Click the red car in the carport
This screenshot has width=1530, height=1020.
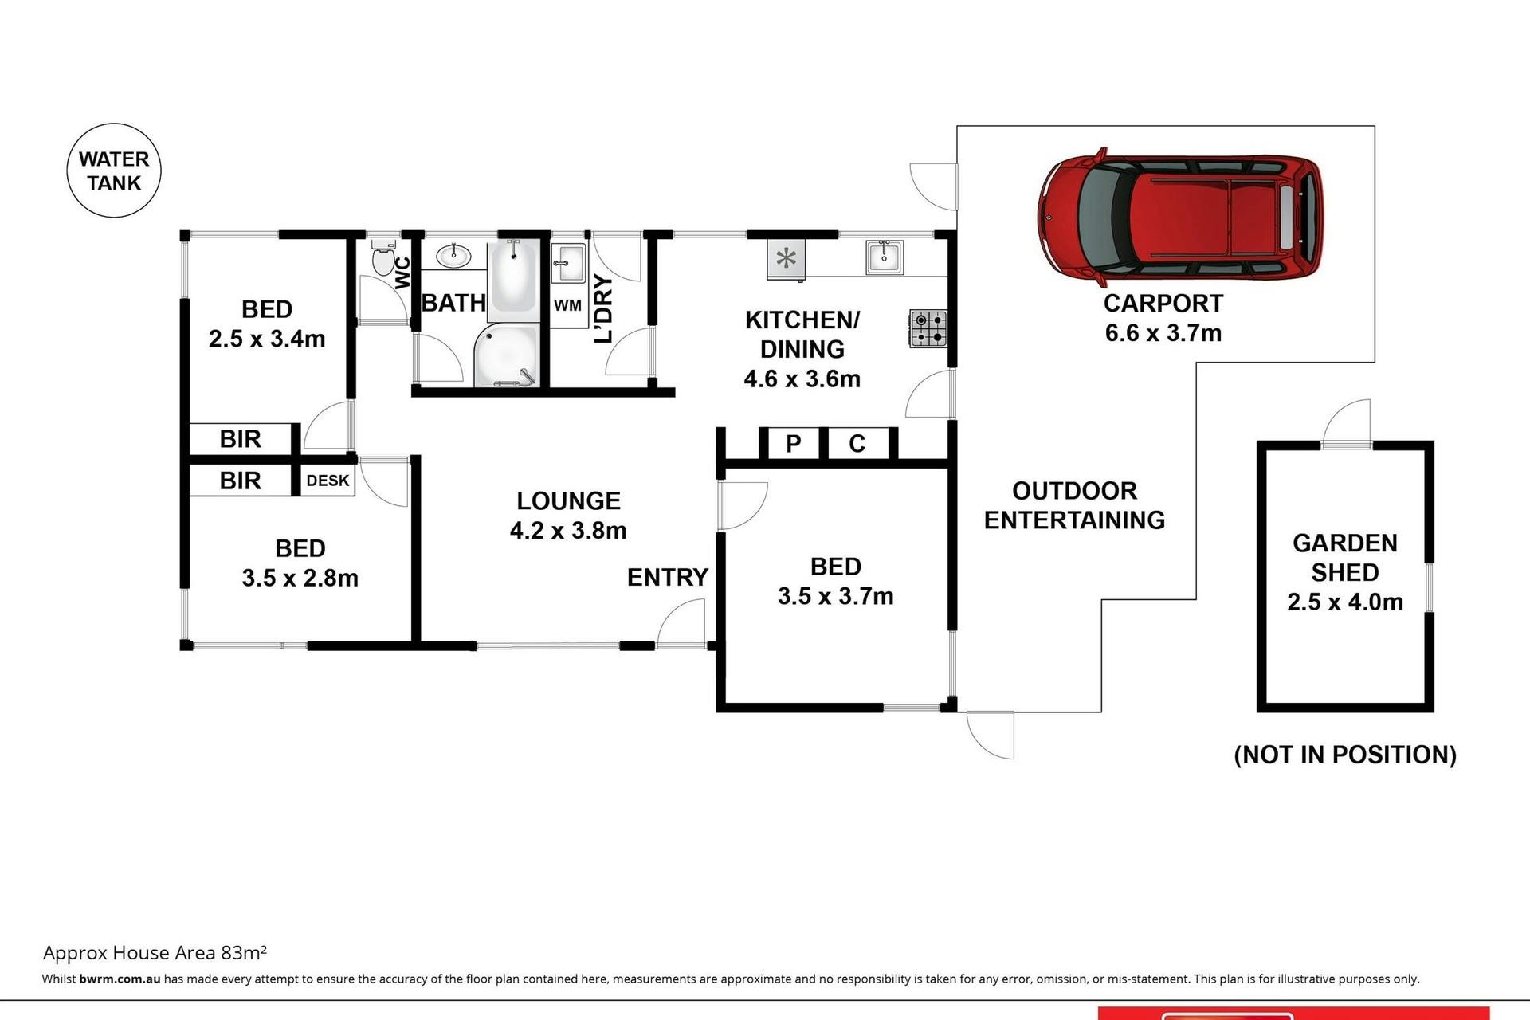(x=1180, y=216)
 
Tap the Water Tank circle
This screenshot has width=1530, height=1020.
(x=114, y=171)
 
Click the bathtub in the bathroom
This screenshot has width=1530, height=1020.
(x=513, y=275)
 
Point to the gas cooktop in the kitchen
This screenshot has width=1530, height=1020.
(x=928, y=328)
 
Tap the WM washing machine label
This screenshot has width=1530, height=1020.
(x=567, y=305)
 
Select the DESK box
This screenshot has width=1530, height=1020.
(x=328, y=481)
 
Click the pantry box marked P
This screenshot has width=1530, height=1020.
(x=793, y=443)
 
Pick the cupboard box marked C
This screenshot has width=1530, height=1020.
(x=857, y=443)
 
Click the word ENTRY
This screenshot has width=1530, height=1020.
(x=668, y=577)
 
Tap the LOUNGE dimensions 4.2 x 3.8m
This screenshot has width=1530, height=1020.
(x=568, y=530)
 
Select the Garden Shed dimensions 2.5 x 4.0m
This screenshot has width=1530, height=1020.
(x=1345, y=602)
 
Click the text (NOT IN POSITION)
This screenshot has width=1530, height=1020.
(x=1345, y=755)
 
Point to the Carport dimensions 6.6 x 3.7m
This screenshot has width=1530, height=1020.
(x=1163, y=332)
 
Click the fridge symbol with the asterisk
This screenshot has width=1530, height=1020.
(x=787, y=258)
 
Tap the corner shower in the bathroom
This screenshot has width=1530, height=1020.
(x=507, y=355)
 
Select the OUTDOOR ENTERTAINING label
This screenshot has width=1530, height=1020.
(x=1075, y=505)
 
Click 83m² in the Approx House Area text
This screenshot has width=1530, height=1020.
(x=244, y=952)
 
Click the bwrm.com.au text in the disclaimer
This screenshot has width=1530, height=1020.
(x=120, y=979)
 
